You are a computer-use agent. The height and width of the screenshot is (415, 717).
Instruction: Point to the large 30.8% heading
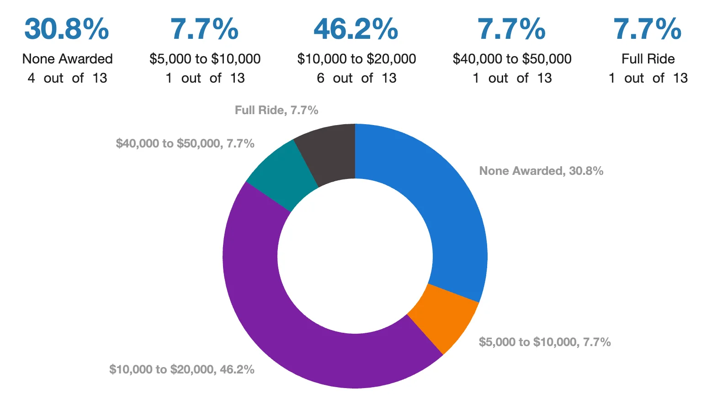point(67,29)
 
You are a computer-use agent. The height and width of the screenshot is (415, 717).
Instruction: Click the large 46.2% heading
point(356,29)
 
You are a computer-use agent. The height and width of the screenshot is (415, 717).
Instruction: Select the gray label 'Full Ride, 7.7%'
point(276,110)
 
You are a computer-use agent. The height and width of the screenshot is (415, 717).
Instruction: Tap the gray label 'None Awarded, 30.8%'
point(541,171)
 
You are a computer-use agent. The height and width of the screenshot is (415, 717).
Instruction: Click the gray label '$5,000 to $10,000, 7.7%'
point(545,342)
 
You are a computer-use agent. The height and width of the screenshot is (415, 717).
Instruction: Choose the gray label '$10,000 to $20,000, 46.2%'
point(181,369)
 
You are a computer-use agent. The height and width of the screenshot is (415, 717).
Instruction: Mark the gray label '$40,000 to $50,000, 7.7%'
point(185,143)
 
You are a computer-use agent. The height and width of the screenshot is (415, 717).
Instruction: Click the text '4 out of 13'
point(67,78)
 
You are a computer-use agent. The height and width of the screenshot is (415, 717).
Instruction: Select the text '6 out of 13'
point(356,78)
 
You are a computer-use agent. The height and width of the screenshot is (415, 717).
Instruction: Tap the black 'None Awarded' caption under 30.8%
point(67,59)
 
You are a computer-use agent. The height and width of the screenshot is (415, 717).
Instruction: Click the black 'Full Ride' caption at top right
point(648,59)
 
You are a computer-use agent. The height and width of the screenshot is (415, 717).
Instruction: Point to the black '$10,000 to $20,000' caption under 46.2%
point(356,59)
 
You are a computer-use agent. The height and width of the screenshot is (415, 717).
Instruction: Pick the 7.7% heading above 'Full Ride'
point(648,29)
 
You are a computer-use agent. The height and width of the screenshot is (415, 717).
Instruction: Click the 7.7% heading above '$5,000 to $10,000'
point(204,29)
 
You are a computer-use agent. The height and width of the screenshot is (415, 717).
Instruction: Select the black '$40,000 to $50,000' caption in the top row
point(512,59)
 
